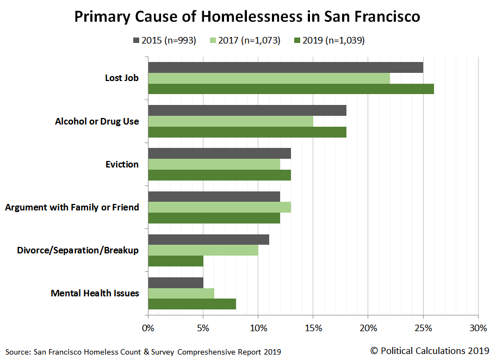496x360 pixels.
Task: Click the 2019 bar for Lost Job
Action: click(291, 89)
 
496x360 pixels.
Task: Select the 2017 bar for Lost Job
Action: click(269, 78)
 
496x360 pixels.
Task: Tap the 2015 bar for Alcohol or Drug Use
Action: click(247, 110)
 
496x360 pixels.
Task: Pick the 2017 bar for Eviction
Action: click(214, 164)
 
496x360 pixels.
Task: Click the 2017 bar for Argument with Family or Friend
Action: click(219, 207)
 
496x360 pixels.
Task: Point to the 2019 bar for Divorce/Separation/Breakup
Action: click(176, 261)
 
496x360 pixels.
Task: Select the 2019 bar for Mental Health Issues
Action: click(192, 304)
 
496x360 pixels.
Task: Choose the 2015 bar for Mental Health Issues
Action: click(176, 283)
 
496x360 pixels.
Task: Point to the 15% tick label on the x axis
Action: click(313, 328)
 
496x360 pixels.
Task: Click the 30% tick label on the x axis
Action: click(478, 328)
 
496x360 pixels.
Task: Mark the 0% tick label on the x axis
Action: click(148, 328)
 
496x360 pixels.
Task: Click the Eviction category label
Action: click(122, 164)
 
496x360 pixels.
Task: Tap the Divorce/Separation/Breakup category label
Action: click(78, 250)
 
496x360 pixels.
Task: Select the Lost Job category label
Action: click(122, 78)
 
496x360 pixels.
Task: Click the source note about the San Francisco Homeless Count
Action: click(144, 351)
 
